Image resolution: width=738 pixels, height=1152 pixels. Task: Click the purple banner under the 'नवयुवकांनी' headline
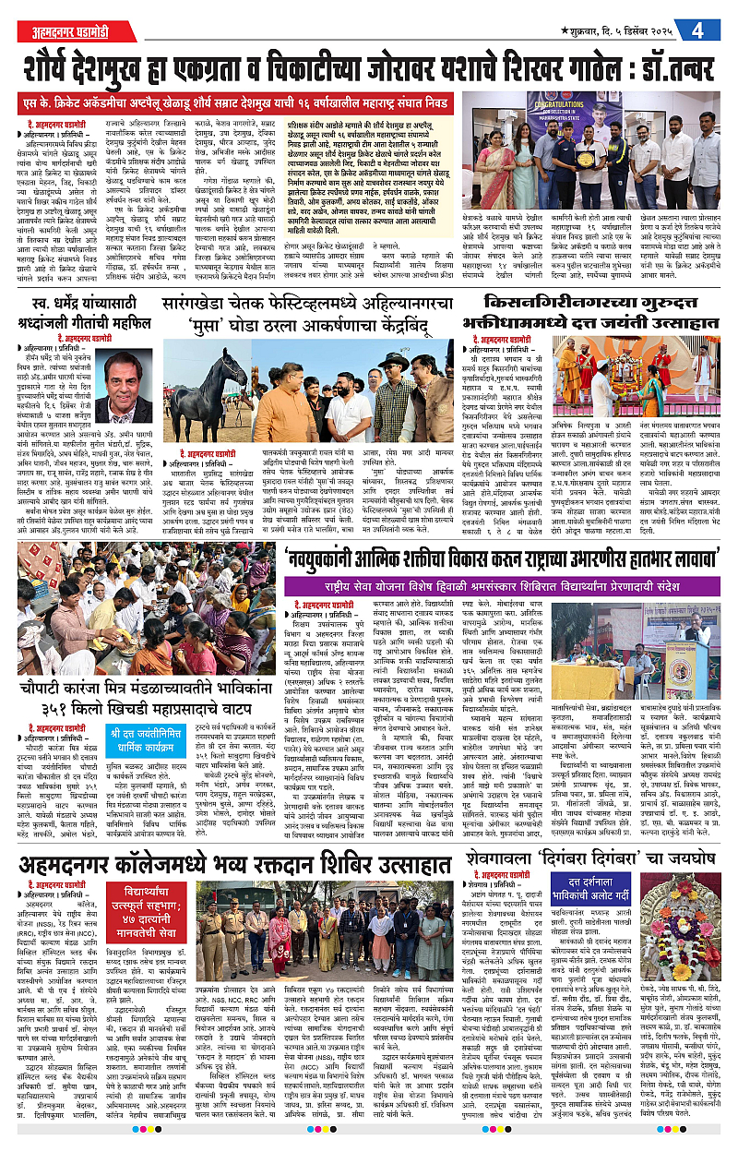tap(485, 583)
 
